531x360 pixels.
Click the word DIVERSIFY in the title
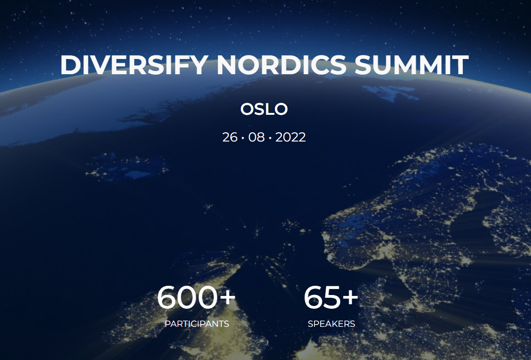[134, 65]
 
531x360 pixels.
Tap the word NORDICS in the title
[281, 65]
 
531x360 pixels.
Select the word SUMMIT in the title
[411, 65]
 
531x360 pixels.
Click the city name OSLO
[264, 109]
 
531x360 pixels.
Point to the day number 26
[230, 137]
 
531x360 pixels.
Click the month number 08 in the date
[257, 137]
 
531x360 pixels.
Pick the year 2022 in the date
[291, 137]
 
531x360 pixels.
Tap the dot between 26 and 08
[243, 138]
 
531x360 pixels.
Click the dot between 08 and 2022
[270, 138]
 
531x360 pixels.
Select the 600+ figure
[196, 297]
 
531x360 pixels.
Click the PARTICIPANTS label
[197, 324]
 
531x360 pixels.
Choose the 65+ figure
[331, 297]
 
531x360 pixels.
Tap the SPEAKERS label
[331, 324]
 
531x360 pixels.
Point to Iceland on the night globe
[127, 166]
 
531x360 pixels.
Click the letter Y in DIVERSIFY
[198, 65]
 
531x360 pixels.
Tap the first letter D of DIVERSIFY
[70, 65]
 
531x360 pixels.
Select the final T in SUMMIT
[461, 65]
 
